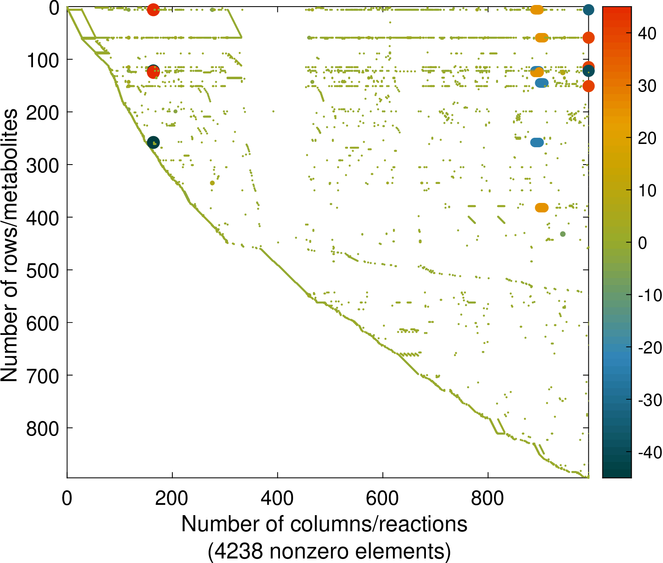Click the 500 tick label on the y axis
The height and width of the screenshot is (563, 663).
[x=43, y=271]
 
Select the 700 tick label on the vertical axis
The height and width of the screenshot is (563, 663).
[x=43, y=376]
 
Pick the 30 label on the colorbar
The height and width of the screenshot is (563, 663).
[x=647, y=86]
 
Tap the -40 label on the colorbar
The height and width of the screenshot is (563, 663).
[x=649, y=453]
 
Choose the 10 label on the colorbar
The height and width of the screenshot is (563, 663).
[x=647, y=191]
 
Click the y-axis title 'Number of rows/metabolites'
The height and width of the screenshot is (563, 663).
[x=9, y=245]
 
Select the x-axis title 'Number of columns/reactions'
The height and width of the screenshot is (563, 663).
[x=324, y=524]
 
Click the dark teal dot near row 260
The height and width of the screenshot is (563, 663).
[x=153, y=142]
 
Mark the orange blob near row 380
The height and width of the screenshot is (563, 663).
[x=542, y=208]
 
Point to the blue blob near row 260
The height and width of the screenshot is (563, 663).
[x=537, y=143]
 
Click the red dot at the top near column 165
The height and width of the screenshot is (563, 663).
[x=153, y=9]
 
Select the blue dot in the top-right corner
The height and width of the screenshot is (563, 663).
[x=588, y=10]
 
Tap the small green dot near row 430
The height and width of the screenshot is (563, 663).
[x=563, y=234]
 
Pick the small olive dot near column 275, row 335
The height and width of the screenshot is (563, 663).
[x=212, y=183]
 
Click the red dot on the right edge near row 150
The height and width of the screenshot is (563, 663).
[x=588, y=86]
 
